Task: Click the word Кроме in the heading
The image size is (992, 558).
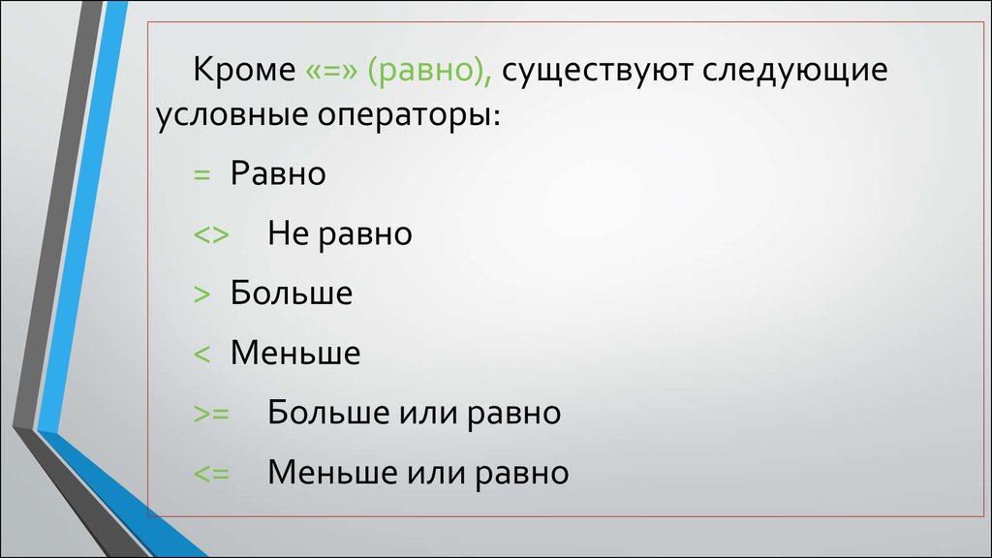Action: click(244, 69)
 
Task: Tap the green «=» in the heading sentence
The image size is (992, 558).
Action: click(331, 71)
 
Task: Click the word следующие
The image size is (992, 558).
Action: click(795, 71)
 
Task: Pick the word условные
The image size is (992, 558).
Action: click(232, 116)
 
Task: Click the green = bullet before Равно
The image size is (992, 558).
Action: click(201, 174)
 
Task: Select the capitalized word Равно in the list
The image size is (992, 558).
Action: click(278, 172)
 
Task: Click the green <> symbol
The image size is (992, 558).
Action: click(211, 234)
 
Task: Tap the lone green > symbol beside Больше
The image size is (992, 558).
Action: click(201, 294)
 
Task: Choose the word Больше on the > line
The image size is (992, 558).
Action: click(292, 293)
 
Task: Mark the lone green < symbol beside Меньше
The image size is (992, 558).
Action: click(201, 354)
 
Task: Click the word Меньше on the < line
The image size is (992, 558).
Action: click(295, 353)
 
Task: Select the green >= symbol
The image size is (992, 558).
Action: click(211, 414)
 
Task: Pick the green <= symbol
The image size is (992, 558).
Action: click(211, 473)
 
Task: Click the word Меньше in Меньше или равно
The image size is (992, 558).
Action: click(333, 472)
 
